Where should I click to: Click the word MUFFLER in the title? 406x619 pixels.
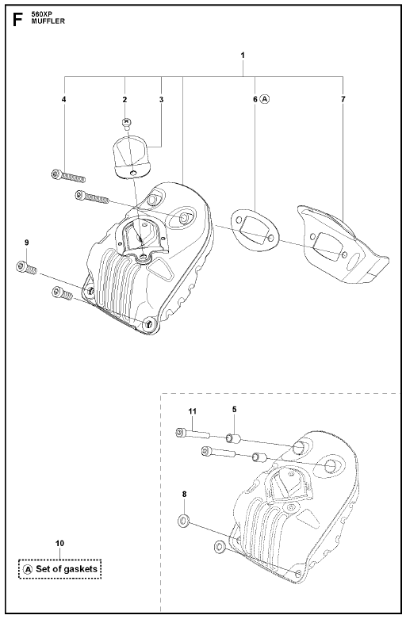click(48, 21)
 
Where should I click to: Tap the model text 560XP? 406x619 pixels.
click(39, 15)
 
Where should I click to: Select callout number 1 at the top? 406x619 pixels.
click(243, 55)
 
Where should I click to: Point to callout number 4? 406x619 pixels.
click(64, 99)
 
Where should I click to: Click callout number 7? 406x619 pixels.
click(343, 99)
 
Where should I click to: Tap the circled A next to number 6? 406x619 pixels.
click(265, 100)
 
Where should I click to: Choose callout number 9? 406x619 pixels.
click(26, 243)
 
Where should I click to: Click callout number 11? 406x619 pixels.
click(193, 411)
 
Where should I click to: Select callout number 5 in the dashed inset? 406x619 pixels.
click(234, 410)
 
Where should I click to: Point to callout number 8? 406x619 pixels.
click(184, 494)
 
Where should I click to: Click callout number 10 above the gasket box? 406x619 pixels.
click(59, 544)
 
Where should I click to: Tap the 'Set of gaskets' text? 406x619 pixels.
click(67, 569)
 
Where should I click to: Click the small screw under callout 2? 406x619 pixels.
click(126, 124)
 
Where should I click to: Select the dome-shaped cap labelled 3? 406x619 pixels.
click(132, 157)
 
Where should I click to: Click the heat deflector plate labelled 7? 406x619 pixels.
click(342, 245)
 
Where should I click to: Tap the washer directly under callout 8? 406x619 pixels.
click(183, 521)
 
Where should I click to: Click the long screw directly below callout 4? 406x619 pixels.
click(68, 176)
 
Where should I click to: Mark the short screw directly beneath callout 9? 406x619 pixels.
click(26, 269)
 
